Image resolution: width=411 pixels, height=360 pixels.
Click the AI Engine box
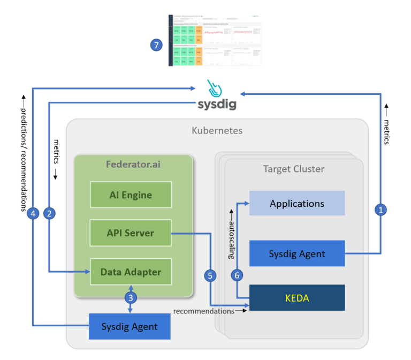coord(131,195)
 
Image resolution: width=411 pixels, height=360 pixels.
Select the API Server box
coord(131,233)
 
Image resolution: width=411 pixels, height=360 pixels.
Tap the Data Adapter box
coord(131,272)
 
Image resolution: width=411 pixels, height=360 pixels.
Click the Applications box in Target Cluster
coord(297,204)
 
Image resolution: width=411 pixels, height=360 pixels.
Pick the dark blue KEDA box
coord(297,297)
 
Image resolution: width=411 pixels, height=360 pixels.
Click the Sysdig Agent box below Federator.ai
coord(130,326)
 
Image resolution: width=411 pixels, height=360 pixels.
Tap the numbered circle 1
coord(381,211)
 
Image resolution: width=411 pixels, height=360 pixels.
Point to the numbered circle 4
coord(33,214)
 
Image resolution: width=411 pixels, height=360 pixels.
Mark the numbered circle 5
coord(210,276)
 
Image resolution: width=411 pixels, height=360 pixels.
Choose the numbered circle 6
coord(237,276)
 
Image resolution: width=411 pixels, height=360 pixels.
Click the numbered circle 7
coord(156,45)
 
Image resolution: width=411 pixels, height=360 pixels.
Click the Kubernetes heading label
coord(217,131)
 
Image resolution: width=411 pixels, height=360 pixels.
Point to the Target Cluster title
coord(294,169)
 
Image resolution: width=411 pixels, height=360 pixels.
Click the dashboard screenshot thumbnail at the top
coord(214,40)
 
